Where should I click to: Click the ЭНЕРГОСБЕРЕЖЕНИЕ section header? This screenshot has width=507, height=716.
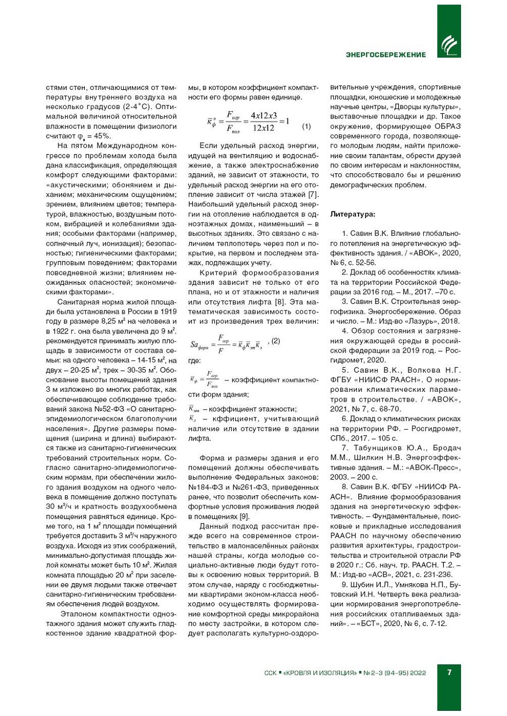pyautogui.click(x=385, y=54)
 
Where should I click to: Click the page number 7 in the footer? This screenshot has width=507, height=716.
pyautogui.click(x=449, y=672)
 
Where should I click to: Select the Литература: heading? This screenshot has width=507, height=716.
pyautogui.click(x=353, y=214)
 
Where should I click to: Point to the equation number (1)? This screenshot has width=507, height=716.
pyautogui.click(x=306, y=126)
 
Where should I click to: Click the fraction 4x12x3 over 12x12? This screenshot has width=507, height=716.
pyautogui.click(x=264, y=121)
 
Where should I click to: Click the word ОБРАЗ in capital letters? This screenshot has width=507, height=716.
pyautogui.click(x=446, y=126)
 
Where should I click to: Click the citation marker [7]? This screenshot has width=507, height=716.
pyautogui.click(x=313, y=194)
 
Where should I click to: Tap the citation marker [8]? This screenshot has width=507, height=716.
pyautogui.click(x=279, y=301)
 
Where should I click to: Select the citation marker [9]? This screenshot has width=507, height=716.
pyautogui.click(x=244, y=516)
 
